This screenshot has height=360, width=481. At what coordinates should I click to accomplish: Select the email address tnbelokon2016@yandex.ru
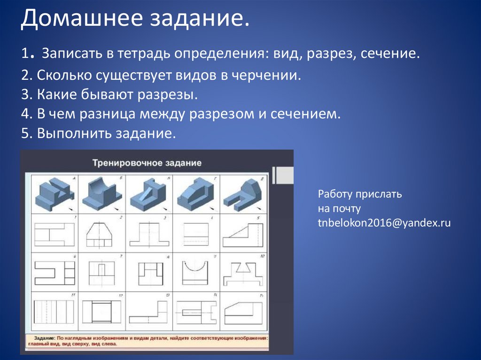[384, 223]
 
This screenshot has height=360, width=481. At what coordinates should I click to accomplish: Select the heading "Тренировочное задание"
[147, 163]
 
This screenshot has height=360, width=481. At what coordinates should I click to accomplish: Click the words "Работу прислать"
[360, 194]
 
